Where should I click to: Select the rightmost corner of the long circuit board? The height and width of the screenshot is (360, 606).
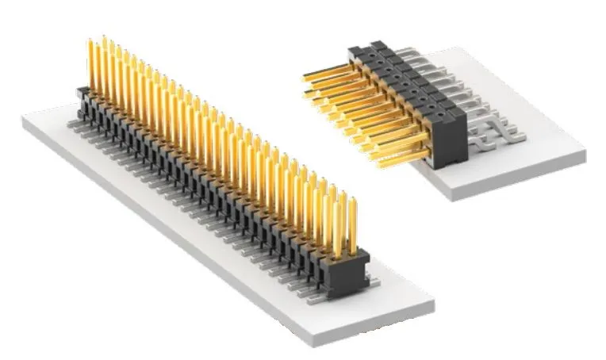[x=435, y=302]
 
